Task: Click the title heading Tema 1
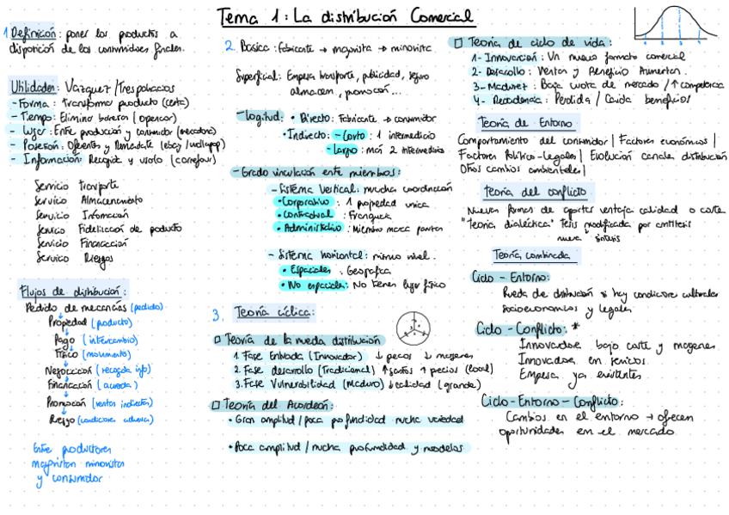point(346,16)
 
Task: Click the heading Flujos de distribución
point(74,291)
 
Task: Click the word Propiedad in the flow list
point(68,322)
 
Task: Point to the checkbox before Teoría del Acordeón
point(216,405)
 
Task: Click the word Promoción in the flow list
point(68,402)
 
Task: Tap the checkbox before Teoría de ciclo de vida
point(458,42)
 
